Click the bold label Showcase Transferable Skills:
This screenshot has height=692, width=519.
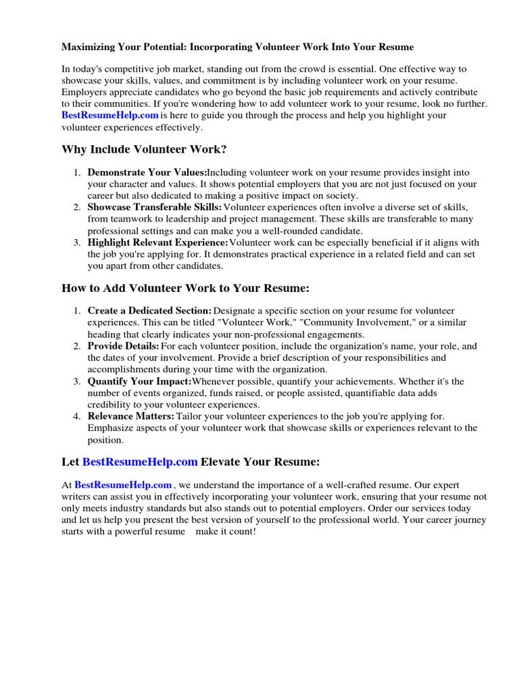coord(155,207)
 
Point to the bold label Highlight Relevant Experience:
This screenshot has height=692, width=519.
coord(158,242)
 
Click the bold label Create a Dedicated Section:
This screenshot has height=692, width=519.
coord(149,311)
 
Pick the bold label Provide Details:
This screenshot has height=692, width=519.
coord(124,346)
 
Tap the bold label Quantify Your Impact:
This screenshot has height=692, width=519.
coord(139,381)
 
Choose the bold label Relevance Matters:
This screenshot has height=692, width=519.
coord(131,416)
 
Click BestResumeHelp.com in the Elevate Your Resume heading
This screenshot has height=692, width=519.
coord(140,462)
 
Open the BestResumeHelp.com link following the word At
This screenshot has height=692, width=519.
coord(123,485)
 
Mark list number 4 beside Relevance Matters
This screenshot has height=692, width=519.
coord(77,416)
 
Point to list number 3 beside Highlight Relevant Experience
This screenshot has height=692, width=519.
coord(77,242)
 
